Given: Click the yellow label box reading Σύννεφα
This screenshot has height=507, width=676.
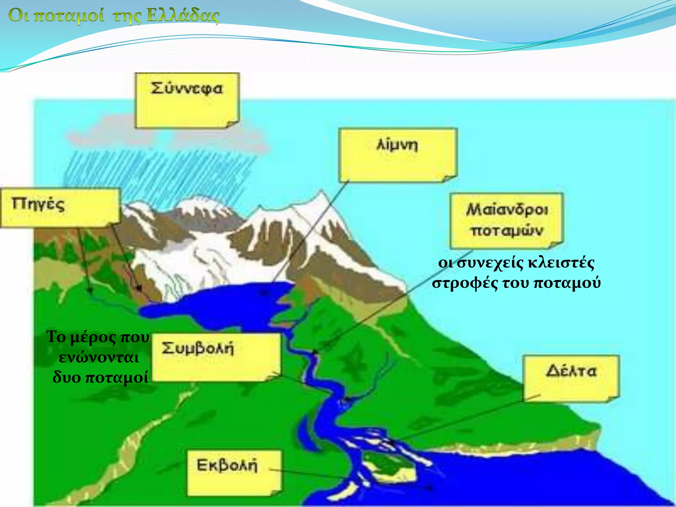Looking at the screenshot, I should pyautogui.click(x=187, y=100).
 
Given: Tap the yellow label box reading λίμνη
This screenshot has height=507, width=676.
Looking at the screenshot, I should pyautogui.click(x=397, y=155).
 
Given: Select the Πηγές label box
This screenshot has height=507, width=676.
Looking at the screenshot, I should pyautogui.click(x=60, y=207).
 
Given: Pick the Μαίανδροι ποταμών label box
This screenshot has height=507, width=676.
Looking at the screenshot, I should pyautogui.click(x=506, y=220).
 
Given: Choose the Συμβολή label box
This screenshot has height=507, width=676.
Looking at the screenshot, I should pyautogui.click(x=216, y=357).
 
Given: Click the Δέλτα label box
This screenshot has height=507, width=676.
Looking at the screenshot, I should pyautogui.click(x=571, y=378).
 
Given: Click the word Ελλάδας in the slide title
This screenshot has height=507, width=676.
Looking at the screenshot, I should pyautogui.click(x=183, y=16).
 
